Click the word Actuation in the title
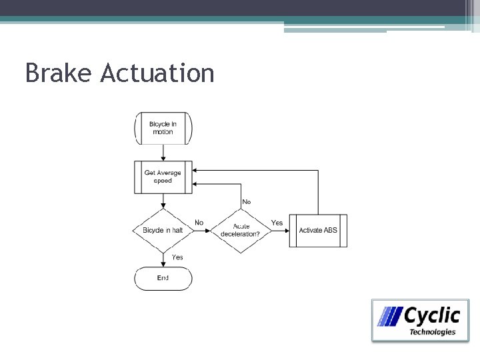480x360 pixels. tap(157, 73)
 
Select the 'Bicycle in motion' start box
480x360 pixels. tap(163, 128)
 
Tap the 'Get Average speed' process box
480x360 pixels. tap(163, 177)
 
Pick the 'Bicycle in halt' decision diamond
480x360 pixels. tap(163, 231)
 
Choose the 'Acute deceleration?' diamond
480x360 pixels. tap(241, 231)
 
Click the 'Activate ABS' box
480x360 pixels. tap(318, 231)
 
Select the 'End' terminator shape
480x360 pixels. tap(163, 278)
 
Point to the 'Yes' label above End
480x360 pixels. tap(177, 257)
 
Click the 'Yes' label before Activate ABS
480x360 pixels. tap(277, 223)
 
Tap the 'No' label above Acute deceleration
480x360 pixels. tap(247, 201)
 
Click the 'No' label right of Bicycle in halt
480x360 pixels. tap(199, 223)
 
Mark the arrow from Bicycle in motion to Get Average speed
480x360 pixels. tap(163, 152)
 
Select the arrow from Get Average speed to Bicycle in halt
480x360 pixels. tap(163, 201)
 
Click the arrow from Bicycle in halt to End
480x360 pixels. tap(163, 260)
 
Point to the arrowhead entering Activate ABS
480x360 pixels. tap(286, 231)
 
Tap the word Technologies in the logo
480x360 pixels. tap(432, 331)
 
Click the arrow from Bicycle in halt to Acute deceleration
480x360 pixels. tap(201, 231)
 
